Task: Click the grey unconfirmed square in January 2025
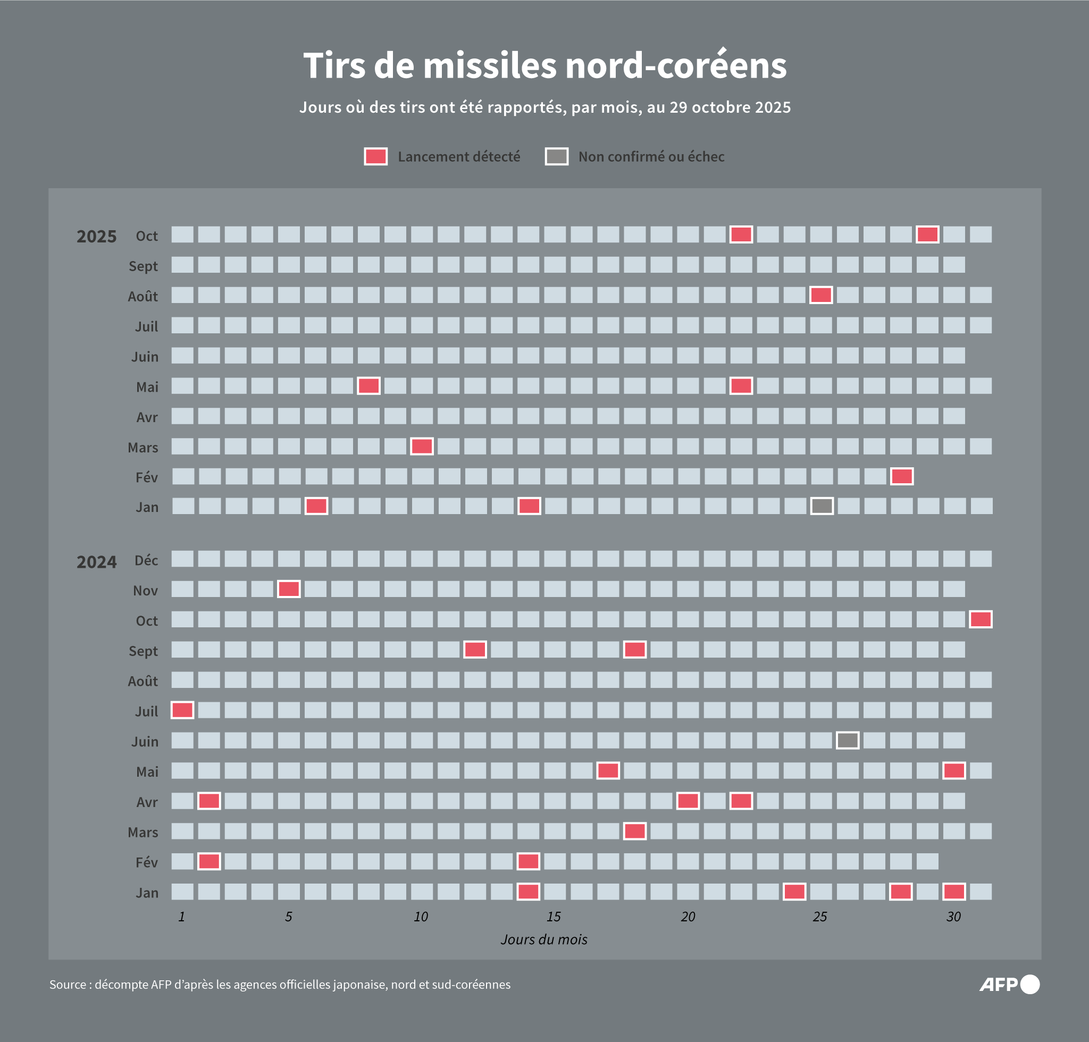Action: click(822, 506)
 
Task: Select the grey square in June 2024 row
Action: click(847, 741)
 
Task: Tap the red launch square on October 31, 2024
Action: click(981, 619)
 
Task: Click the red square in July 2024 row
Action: click(182, 710)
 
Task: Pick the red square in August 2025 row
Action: click(820, 295)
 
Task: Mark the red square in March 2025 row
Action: click(422, 446)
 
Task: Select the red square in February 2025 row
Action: click(902, 476)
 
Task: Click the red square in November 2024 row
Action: click(289, 589)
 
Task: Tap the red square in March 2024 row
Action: click(634, 831)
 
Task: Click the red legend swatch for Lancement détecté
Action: click(375, 157)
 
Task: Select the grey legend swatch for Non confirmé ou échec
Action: click(556, 157)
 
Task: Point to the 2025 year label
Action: click(97, 237)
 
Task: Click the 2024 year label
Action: click(97, 562)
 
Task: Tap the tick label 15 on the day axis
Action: click(554, 917)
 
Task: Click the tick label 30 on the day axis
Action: click(953, 917)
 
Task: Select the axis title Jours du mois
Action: click(544, 939)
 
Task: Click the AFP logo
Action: click(1008, 984)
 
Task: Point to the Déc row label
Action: click(146, 560)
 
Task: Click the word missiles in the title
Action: click(490, 65)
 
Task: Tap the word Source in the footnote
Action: click(67, 985)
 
